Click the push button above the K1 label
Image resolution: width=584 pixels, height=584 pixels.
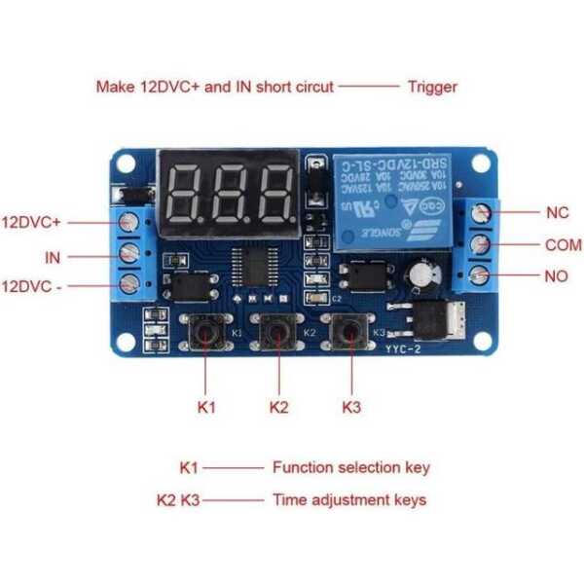click(x=206, y=334)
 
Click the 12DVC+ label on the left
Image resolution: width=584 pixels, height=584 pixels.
click(x=31, y=221)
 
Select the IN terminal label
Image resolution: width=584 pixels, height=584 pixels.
click(x=53, y=258)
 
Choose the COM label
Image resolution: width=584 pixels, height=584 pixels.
click(x=563, y=245)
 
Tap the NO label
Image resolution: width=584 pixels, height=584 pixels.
click(x=556, y=276)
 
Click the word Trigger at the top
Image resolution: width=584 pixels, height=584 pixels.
click(x=432, y=87)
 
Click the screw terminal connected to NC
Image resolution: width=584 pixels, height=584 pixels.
click(x=479, y=213)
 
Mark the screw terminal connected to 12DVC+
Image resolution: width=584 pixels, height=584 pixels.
click(x=128, y=223)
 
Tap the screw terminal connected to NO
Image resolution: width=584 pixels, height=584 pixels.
click(x=479, y=277)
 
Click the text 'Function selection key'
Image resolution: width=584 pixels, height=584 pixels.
click(x=350, y=467)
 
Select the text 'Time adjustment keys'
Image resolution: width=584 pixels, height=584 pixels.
click(x=348, y=500)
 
